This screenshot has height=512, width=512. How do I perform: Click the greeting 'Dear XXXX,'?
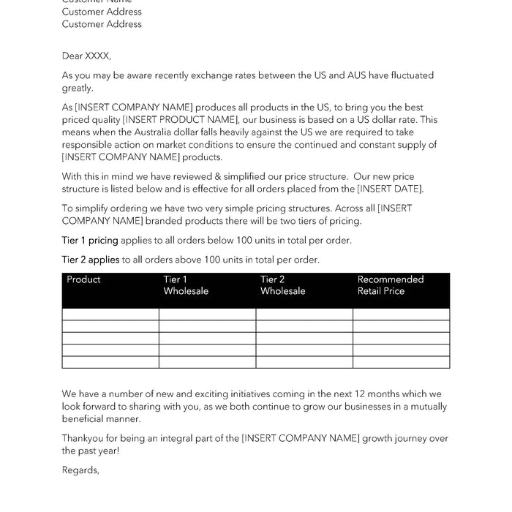pyautogui.click(x=86, y=56)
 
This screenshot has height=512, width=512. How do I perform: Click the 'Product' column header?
pyautogui.click(x=83, y=279)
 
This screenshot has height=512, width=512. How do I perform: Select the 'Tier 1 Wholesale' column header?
pyautogui.click(x=186, y=285)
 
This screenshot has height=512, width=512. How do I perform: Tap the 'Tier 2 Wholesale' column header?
pyautogui.click(x=283, y=285)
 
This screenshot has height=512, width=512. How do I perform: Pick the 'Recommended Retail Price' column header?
pyautogui.click(x=391, y=285)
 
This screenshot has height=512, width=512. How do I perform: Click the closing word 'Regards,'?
pyautogui.click(x=80, y=470)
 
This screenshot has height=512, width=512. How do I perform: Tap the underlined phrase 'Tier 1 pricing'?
pyautogui.click(x=90, y=240)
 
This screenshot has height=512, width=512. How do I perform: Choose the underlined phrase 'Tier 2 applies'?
pyautogui.click(x=91, y=259)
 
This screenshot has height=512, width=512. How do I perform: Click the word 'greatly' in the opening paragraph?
pyautogui.click(x=78, y=88)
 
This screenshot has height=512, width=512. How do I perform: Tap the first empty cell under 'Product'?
pyautogui.click(x=110, y=315)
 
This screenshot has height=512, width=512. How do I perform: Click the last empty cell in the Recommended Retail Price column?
pyautogui.click(x=401, y=362)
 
